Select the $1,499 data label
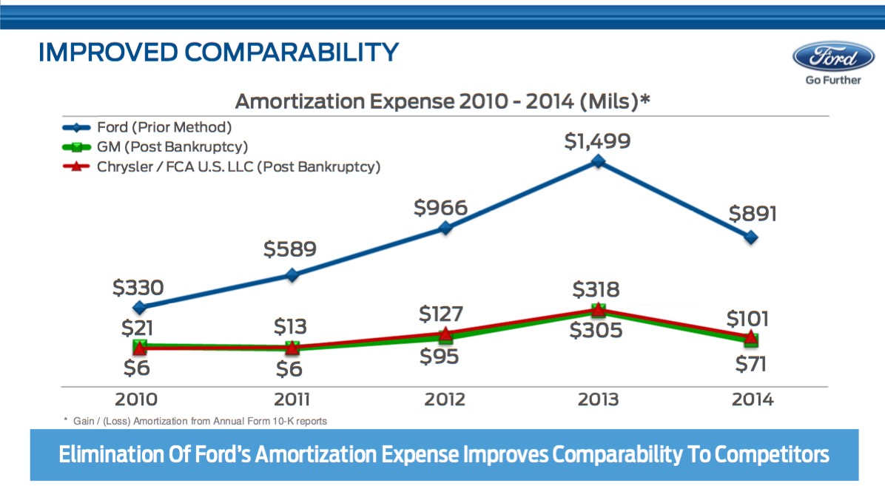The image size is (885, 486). coord(598,141)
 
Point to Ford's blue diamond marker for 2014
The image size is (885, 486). coord(751,237)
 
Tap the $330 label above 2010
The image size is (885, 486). coord(138,287)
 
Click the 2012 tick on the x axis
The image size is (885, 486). coord(445,399)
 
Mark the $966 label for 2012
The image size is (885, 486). coord(441,207)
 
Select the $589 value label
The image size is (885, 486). coord(290,249)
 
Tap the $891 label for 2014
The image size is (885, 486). coord(753,214)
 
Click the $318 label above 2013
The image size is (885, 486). coord(596,289)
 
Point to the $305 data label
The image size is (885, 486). coord(596,331)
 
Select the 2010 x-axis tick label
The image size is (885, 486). coord(136,399)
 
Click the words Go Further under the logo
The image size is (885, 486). coord(833,80)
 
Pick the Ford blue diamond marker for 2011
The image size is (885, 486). coord(292,275)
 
